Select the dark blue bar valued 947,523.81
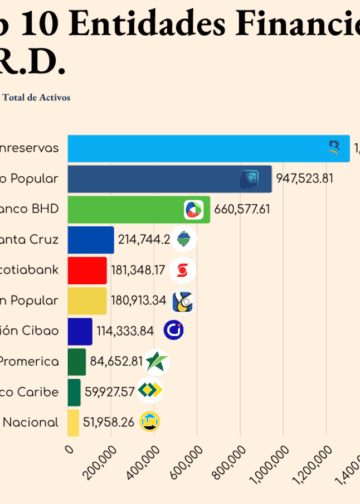169,179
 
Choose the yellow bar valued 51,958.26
73,422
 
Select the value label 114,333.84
125,331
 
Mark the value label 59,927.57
109,391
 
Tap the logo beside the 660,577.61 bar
194,210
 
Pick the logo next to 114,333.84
173,331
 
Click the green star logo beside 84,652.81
156,361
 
